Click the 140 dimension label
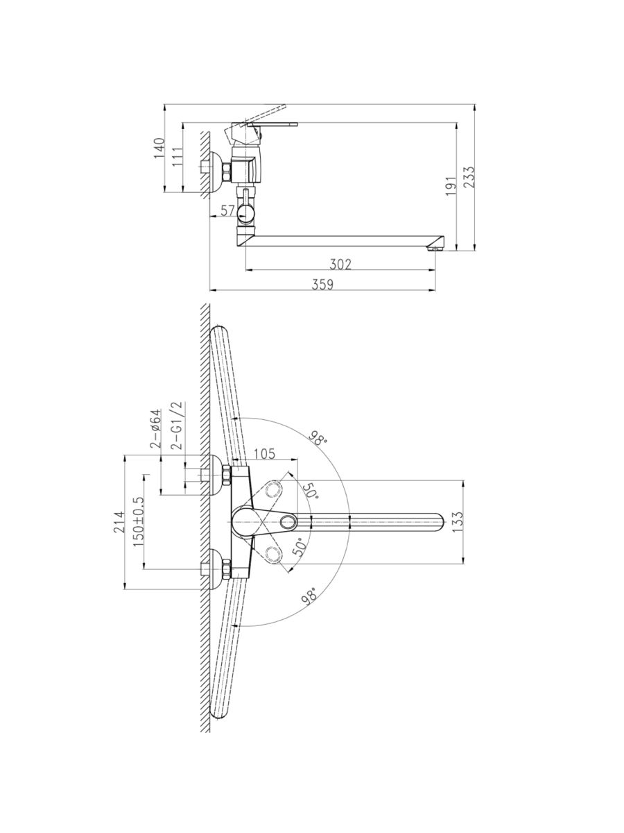pyautogui.click(x=160, y=148)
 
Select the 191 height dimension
pyautogui.click(x=451, y=185)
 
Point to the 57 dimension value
pyautogui.click(x=227, y=210)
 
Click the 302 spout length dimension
pyautogui.click(x=340, y=264)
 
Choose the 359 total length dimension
pyautogui.click(x=322, y=284)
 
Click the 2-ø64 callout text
pyautogui.click(x=156, y=428)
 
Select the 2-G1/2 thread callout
pyautogui.click(x=177, y=426)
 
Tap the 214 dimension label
pyautogui.click(x=119, y=522)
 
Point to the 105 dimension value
pyautogui.click(x=264, y=453)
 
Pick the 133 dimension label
pyautogui.click(x=458, y=522)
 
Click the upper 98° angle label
pyautogui.click(x=318, y=438)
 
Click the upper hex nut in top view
pyautogui.click(x=227, y=475)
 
